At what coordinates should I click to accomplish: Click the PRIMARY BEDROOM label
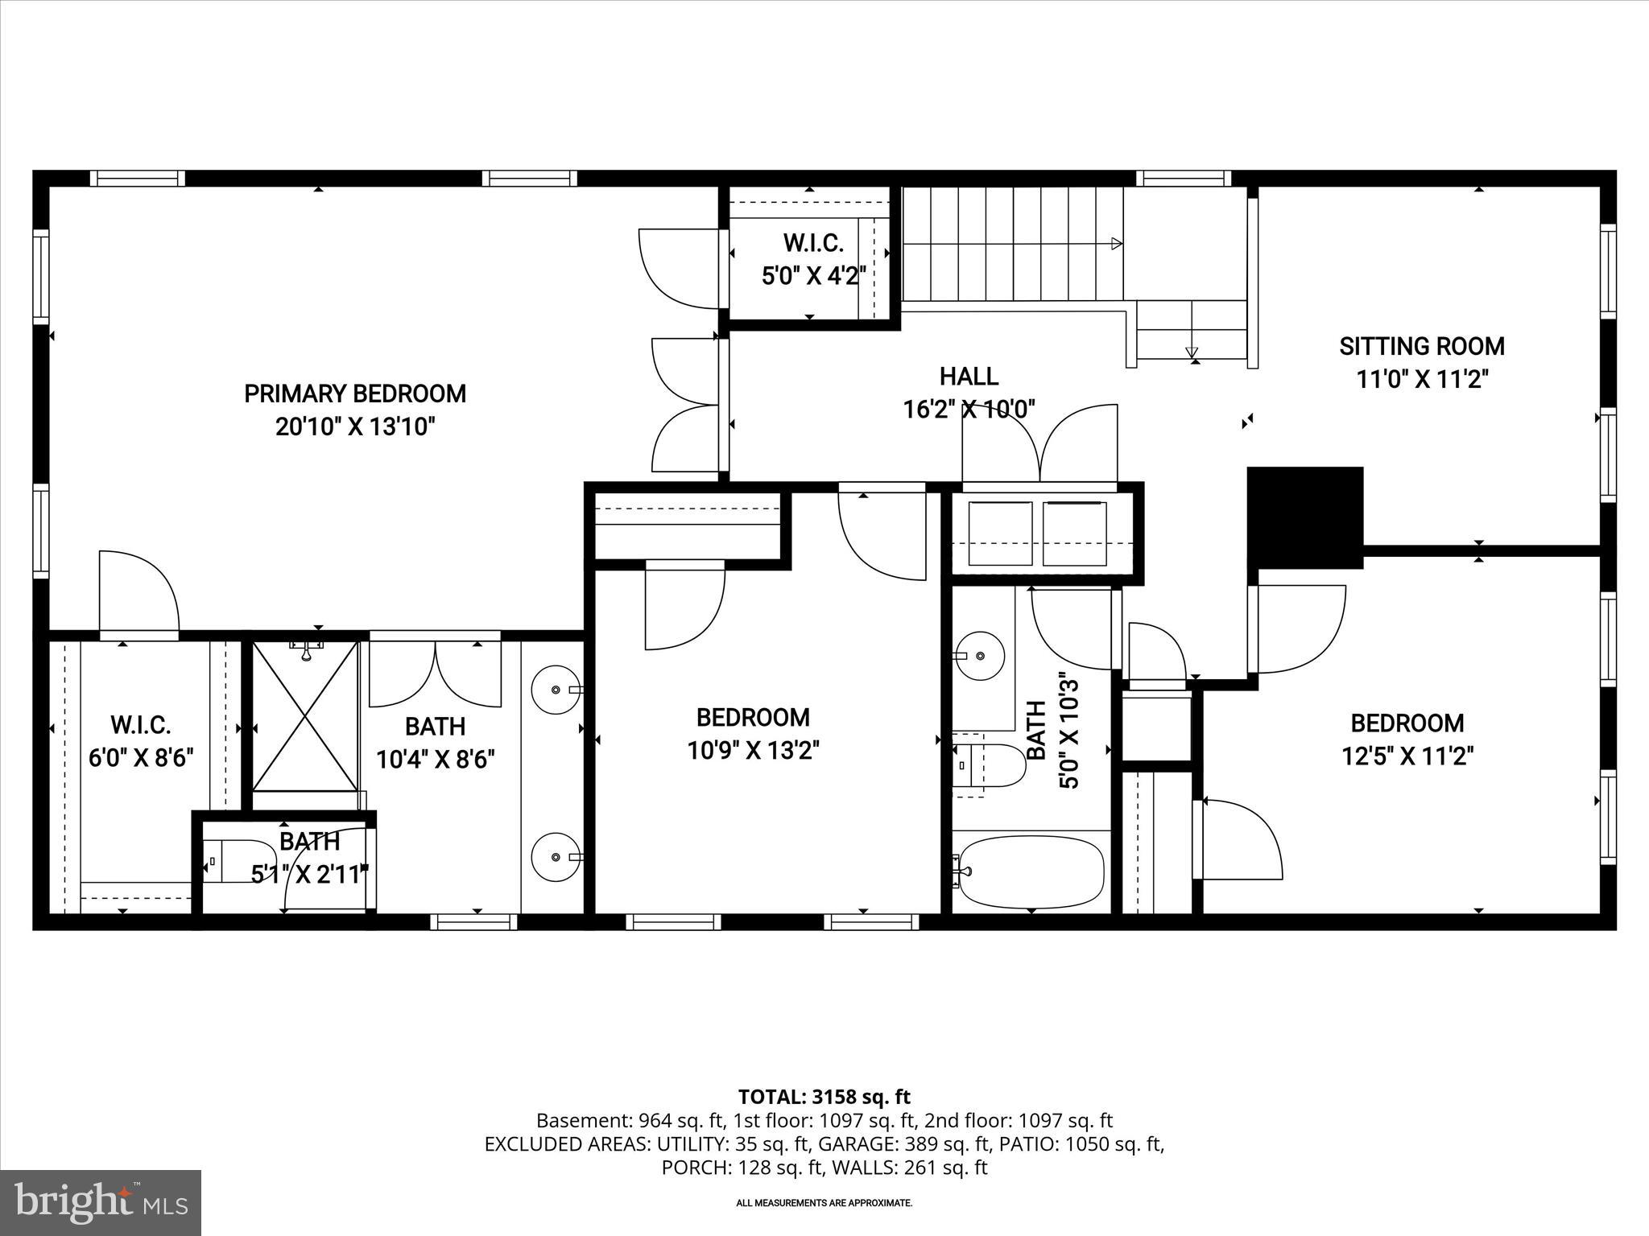click(355, 393)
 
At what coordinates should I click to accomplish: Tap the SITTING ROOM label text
click(1421, 347)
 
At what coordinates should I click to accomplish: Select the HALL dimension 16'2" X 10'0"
click(969, 409)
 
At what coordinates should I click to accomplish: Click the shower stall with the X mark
click(305, 716)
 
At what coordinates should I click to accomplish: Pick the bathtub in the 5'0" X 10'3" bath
click(1031, 871)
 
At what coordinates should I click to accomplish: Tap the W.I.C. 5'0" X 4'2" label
click(813, 242)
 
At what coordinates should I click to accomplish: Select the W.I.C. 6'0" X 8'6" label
click(141, 725)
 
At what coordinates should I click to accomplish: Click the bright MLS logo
click(101, 1202)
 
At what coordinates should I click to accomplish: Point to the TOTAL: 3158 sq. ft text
click(824, 1097)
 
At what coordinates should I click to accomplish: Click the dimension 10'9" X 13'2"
click(753, 751)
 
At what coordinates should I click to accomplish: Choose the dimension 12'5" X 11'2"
click(1407, 756)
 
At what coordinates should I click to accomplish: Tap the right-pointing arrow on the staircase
click(1116, 243)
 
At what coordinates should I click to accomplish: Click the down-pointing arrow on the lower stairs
click(1192, 352)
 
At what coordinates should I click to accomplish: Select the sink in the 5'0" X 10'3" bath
click(979, 655)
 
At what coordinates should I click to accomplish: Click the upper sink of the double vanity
click(556, 690)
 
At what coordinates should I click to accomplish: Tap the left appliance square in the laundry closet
click(999, 534)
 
